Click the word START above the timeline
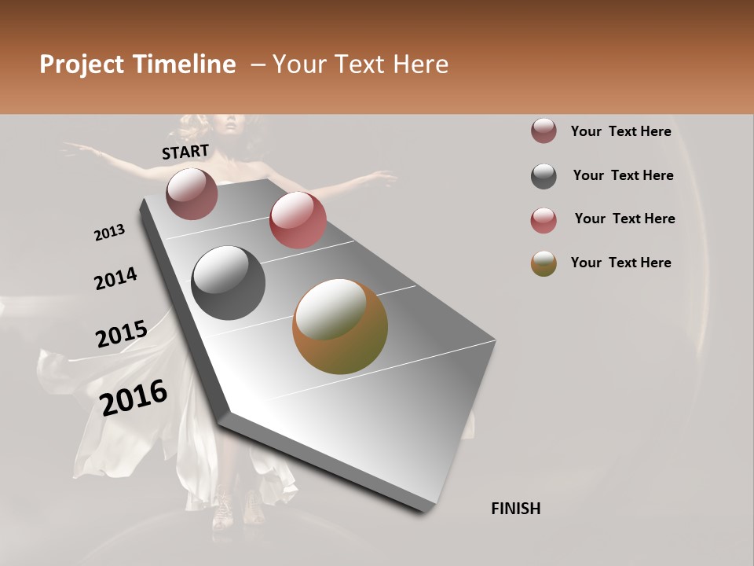[x=185, y=152]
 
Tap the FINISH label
[x=515, y=509]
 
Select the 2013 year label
[x=109, y=233]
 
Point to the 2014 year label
[x=115, y=278]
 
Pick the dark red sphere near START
[x=192, y=193]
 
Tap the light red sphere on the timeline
[x=298, y=220]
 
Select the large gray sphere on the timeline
[x=229, y=283]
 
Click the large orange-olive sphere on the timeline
[x=340, y=326]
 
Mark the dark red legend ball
[x=544, y=131]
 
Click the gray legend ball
[x=544, y=176]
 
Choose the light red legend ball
[x=544, y=220]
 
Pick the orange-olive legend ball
[x=544, y=263]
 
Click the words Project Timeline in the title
[x=137, y=64]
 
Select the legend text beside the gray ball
[x=623, y=175]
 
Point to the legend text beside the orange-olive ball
[x=620, y=263]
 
